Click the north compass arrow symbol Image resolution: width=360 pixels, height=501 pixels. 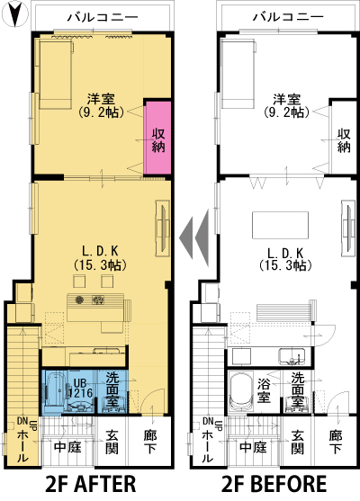15,14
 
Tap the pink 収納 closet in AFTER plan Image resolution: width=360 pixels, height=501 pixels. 157,138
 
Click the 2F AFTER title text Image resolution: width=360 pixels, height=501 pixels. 91,483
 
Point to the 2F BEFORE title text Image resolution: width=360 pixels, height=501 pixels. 274,483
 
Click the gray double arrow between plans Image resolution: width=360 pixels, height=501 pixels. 194,237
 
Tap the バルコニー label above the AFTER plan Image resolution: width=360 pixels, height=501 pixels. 103,16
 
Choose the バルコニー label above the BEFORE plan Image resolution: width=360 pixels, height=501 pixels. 288,16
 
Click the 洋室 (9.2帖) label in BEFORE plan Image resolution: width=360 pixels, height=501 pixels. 287,105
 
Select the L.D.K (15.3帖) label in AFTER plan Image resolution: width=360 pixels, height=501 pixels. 101,258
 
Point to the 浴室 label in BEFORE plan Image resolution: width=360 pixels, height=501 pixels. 264,390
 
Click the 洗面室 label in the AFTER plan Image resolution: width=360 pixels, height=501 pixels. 112,389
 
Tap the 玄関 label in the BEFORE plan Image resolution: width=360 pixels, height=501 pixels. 298,442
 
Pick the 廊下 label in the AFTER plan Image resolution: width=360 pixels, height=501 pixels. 149,442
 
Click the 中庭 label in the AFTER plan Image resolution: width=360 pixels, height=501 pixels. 67,447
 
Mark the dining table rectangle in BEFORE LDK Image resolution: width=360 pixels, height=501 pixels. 281,225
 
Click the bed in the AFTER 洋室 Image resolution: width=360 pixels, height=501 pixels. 56,74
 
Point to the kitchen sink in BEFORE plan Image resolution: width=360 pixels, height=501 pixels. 292,356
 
